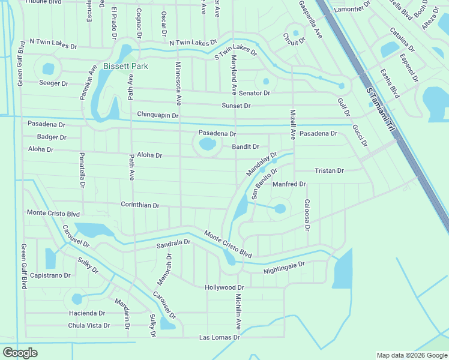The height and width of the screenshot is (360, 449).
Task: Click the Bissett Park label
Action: coord(125,66)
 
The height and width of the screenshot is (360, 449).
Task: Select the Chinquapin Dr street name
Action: coord(158,115)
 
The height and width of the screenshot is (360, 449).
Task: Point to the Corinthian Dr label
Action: coord(140,205)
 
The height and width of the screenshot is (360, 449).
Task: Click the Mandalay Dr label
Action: coord(262,164)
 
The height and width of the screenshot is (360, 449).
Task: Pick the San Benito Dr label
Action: coord(264,183)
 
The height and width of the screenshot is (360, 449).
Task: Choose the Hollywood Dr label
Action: coord(228,288)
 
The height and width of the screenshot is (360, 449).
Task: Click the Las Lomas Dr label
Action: coord(220,338)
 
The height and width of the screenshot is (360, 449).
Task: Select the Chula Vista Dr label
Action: coord(89,326)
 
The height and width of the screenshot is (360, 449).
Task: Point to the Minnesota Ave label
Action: coord(178,84)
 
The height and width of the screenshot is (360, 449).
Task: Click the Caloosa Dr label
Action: coord(307,215)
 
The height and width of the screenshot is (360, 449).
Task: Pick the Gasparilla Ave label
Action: coord(311,19)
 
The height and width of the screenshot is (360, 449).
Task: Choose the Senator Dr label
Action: coord(255,94)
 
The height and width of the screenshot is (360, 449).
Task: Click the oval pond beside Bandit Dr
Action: coord(206,144)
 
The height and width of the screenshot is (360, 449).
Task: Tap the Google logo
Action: coord(20,353)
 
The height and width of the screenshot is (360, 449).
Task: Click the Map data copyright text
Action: coord(411,355)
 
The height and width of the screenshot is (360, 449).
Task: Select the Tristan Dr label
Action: coord(329,171)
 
